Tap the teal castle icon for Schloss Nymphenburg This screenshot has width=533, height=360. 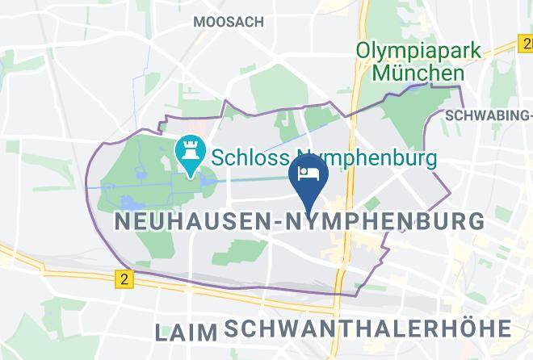coord(191,151)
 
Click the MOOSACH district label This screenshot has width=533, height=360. coord(228,23)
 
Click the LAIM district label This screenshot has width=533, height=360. coord(187,331)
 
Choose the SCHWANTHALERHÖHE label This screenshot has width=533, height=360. coord(367,329)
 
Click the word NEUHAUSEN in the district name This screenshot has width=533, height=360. coord(191,220)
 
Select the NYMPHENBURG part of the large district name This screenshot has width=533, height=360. coord(386,220)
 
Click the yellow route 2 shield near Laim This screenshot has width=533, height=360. coord(123,279)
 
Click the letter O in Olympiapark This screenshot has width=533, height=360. coord(365,50)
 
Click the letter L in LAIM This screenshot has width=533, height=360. coord(161,331)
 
